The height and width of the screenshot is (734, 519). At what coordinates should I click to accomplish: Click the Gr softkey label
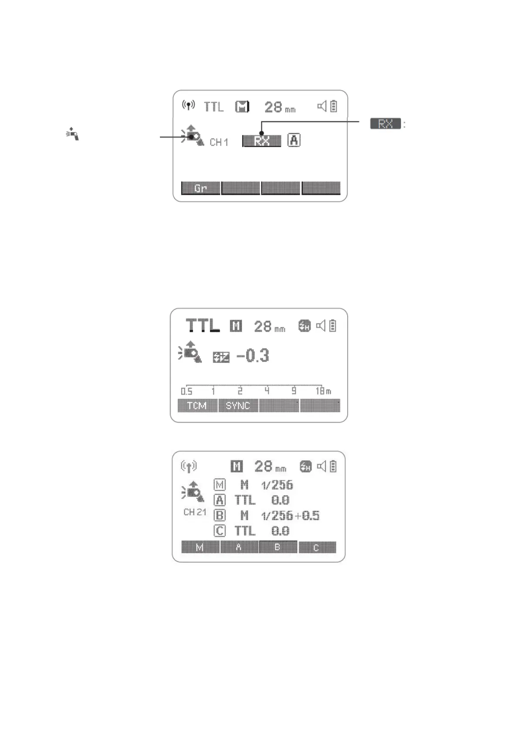click(x=200, y=188)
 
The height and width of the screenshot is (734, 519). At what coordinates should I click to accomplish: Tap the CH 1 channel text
click(x=219, y=142)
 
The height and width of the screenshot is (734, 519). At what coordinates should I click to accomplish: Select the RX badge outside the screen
click(x=385, y=124)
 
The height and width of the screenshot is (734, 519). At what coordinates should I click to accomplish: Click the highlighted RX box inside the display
click(x=261, y=141)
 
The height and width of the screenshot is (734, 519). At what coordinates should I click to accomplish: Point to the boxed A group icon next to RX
click(x=294, y=140)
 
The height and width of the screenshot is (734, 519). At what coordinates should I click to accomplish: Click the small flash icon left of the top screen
click(x=73, y=133)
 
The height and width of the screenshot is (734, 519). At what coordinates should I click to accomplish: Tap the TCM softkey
click(x=197, y=406)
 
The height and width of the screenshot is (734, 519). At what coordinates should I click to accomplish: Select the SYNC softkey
click(x=237, y=406)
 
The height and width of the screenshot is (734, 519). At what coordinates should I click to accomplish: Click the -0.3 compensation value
click(x=253, y=356)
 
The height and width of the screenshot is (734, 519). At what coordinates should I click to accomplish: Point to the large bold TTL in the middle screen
click(x=203, y=326)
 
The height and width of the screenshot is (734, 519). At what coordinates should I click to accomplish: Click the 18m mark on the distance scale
click(x=323, y=391)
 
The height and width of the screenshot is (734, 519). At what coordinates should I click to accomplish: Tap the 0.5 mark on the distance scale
click(x=187, y=391)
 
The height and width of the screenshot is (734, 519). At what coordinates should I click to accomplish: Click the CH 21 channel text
click(x=194, y=512)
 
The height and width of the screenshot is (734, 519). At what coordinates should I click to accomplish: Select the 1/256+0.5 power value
click(x=290, y=516)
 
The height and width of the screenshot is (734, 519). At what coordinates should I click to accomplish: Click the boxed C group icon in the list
click(x=220, y=531)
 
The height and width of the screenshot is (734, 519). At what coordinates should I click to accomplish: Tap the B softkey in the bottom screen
click(x=278, y=547)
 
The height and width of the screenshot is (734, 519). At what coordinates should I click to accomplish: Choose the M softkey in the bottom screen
click(x=200, y=547)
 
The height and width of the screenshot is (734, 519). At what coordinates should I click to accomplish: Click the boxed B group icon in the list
click(x=220, y=515)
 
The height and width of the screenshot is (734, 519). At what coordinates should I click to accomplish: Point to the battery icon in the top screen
click(x=334, y=106)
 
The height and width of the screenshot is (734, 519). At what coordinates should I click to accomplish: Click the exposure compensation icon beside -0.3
click(x=221, y=357)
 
